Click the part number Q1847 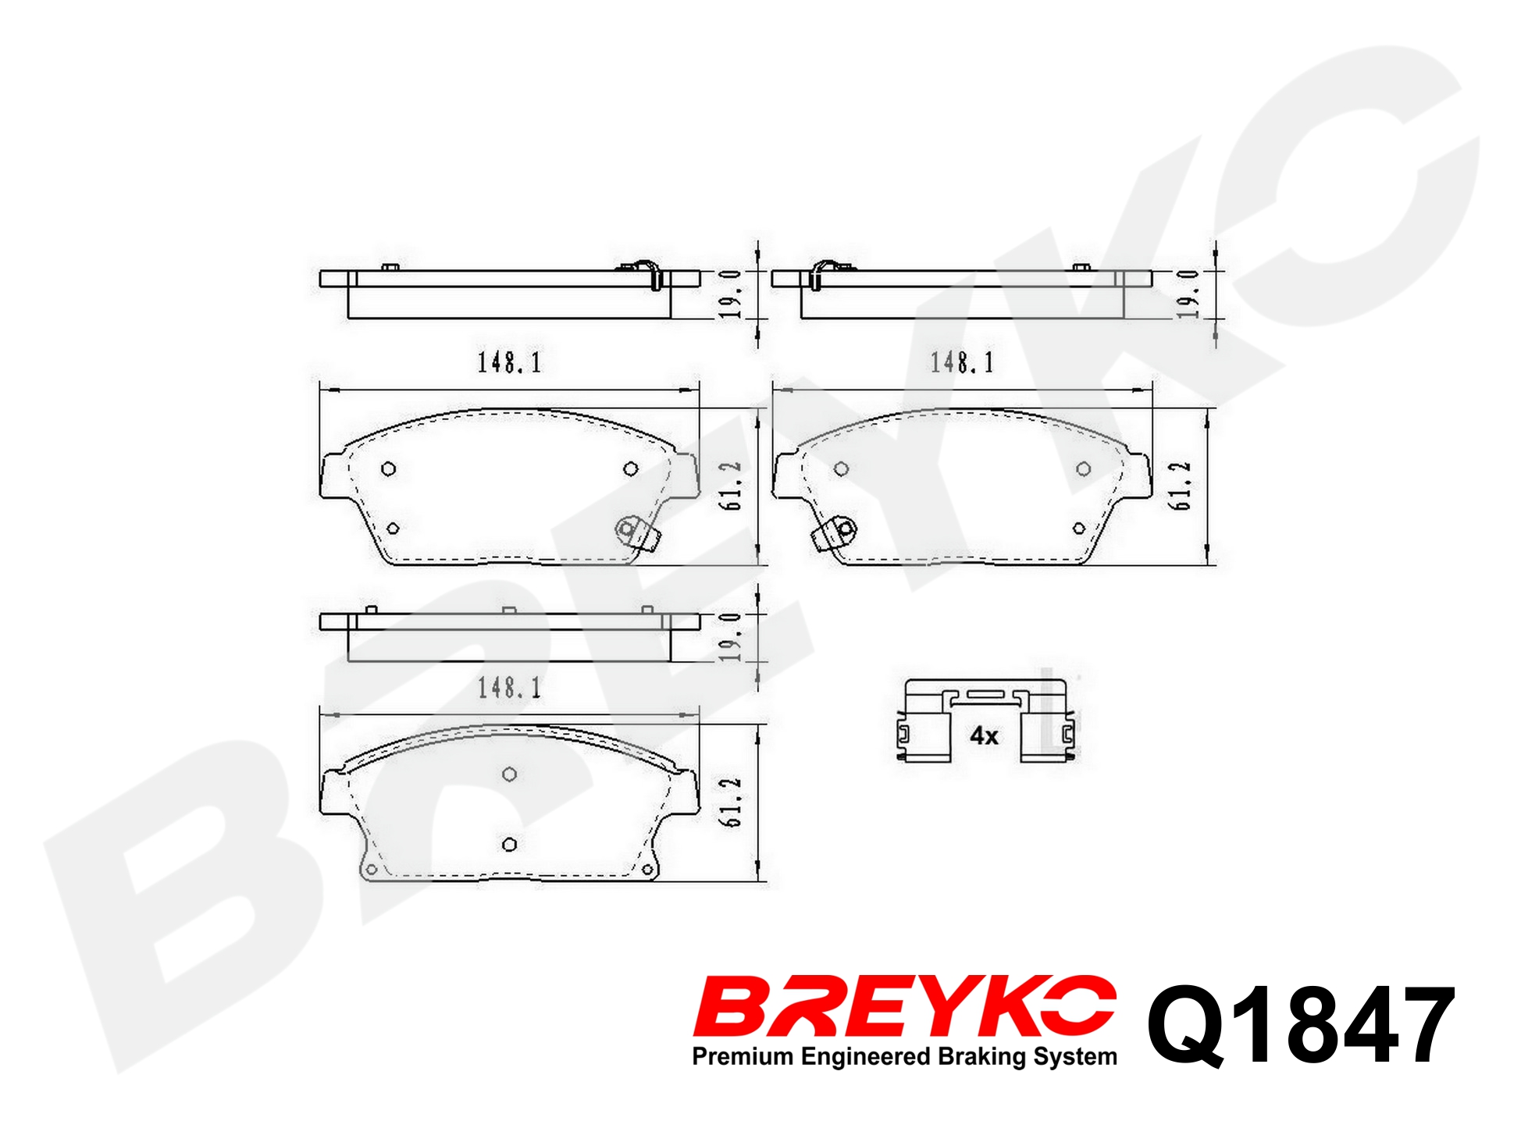point(1301,1025)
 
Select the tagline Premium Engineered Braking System point(904,1057)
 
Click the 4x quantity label point(984,735)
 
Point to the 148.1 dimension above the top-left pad point(509,362)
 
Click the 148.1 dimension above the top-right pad point(962,362)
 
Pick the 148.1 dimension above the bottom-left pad point(509,688)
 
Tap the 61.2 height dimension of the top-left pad point(731,486)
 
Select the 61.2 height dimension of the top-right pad point(1180,486)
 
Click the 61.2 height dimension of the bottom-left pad point(731,802)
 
